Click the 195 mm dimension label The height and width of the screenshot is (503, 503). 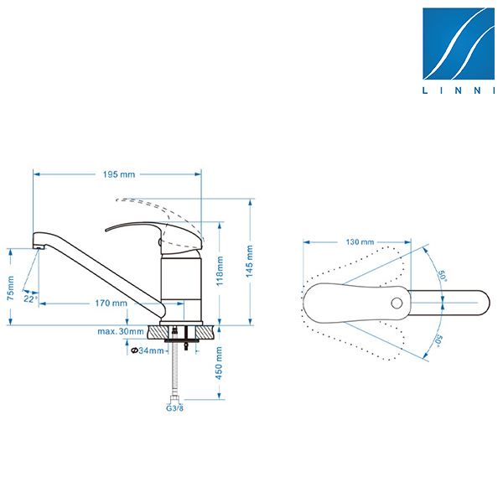point(119,174)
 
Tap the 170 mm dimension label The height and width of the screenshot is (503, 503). point(111,303)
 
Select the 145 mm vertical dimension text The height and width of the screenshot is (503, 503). point(250,262)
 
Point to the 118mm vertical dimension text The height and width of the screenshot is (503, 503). point(220,271)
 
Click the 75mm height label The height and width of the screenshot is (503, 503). point(11,288)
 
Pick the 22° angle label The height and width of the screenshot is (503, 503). point(30,299)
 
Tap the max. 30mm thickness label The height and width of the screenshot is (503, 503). point(121,331)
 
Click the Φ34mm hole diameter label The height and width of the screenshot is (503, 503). point(148,350)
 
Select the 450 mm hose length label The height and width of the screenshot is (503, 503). point(219,363)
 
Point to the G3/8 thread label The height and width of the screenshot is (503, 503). point(174,408)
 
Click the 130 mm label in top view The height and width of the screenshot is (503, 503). point(360,242)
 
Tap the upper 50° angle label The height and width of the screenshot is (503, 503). point(443,276)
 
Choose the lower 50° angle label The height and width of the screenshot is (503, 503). point(438,340)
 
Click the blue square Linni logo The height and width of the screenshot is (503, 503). point(459,44)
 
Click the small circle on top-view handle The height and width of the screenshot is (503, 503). point(397,303)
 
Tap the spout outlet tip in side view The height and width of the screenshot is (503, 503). point(39,246)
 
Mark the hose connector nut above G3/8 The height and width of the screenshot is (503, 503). point(174,399)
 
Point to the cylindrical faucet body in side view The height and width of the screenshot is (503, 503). point(181,287)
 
